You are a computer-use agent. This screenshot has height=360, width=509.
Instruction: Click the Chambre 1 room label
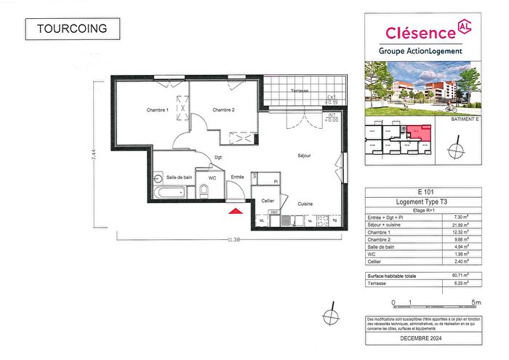pyautogui.click(x=157, y=110)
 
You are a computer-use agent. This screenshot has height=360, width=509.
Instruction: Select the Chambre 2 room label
pyautogui.click(x=223, y=110)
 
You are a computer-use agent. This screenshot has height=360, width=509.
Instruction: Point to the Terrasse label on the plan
pyautogui.click(x=299, y=91)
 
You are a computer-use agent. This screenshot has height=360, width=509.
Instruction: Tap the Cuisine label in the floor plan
pyautogui.click(x=305, y=204)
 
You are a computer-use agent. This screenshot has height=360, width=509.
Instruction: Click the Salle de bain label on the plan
pyautogui.click(x=179, y=177)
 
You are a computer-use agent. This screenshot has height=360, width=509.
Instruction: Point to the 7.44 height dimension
pyautogui.click(x=94, y=156)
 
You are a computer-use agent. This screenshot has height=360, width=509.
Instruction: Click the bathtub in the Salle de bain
pyautogui.click(x=169, y=193)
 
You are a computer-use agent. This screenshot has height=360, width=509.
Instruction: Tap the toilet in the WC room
pyautogui.click(x=204, y=191)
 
